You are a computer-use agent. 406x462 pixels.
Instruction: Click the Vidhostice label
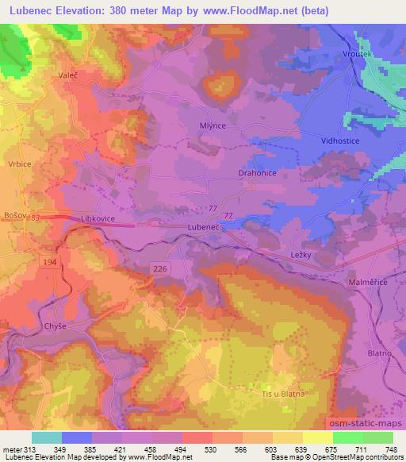pyautogui.click(x=341, y=140)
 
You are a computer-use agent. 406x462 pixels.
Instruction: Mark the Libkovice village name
pyautogui.click(x=99, y=217)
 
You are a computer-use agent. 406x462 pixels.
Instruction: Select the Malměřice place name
pyautogui.click(x=369, y=282)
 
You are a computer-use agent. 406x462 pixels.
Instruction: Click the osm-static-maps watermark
pyautogui.click(x=365, y=425)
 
